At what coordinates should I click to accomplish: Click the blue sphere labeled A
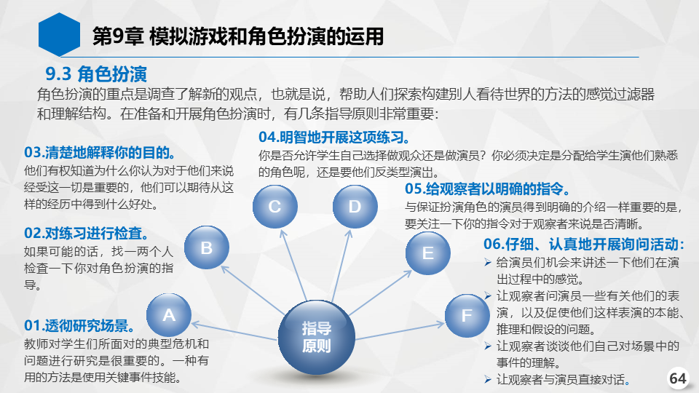[169, 315]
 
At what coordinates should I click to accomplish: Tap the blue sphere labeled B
[206, 247]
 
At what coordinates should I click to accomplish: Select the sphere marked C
[275, 207]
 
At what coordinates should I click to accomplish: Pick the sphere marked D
[355, 207]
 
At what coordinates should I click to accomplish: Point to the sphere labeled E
[428, 253]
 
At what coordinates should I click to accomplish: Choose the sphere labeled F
[467, 315]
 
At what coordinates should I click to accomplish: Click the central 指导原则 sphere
[317, 337]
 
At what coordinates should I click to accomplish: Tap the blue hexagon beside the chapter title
[59, 35]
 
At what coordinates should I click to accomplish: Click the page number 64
[678, 378]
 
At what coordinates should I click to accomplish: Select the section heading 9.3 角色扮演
[96, 74]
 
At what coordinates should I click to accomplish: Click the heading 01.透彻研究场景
[79, 326]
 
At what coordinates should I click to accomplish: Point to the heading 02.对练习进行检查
[87, 233]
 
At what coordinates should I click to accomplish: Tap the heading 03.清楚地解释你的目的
[100, 152]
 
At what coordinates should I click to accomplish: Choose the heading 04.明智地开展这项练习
[334, 138]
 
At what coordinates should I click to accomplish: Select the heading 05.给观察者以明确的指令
[487, 189]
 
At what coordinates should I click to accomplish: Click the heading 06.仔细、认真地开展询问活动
[584, 245]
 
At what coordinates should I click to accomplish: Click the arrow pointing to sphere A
[234, 332]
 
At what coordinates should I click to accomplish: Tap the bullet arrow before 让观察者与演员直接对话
[488, 380]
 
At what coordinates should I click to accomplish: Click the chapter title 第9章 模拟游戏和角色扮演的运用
[238, 36]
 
